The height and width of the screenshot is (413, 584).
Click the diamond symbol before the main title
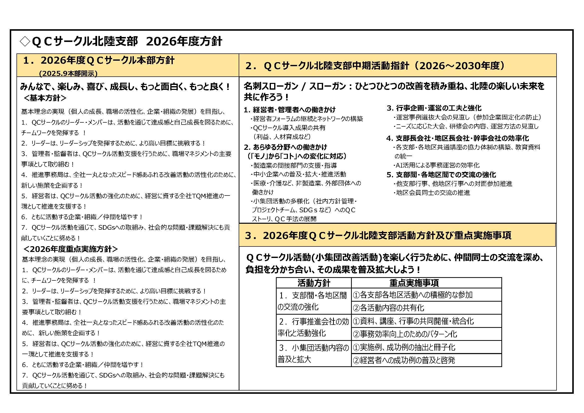(x=25, y=41)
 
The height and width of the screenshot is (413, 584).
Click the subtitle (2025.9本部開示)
(x=68, y=73)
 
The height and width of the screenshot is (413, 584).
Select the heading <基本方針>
(x=45, y=98)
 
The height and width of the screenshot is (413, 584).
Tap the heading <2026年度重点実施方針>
(x=70, y=249)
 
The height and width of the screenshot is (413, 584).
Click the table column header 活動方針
(x=314, y=283)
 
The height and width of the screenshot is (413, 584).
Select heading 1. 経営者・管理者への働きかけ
(x=289, y=110)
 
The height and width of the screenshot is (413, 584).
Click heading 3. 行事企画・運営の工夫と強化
(x=434, y=108)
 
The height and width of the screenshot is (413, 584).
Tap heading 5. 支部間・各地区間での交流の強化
(x=441, y=175)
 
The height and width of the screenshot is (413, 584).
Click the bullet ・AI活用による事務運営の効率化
(x=436, y=165)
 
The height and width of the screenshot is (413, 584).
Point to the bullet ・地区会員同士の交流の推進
(x=432, y=193)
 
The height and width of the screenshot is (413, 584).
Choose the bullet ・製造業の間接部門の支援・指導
(x=294, y=166)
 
